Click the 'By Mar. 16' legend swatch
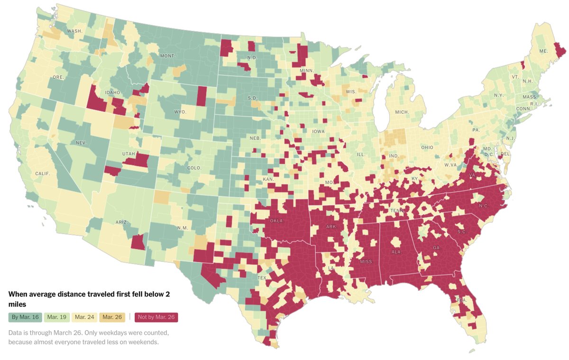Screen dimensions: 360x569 [26, 317]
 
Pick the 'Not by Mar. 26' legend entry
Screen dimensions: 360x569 [156, 317]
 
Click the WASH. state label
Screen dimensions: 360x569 [74, 31]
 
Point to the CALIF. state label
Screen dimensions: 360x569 [43, 174]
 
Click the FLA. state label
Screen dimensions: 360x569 [462, 300]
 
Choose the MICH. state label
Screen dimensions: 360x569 [402, 112]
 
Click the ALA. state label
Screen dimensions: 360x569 [397, 252]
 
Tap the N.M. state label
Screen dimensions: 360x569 [183, 228]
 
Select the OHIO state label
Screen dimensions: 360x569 [427, 148]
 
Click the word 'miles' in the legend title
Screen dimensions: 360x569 [17, 304]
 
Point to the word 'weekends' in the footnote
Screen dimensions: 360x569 [142, 342]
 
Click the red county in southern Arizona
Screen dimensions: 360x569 [138, 242]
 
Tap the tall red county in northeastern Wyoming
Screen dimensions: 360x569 [202, 96]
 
